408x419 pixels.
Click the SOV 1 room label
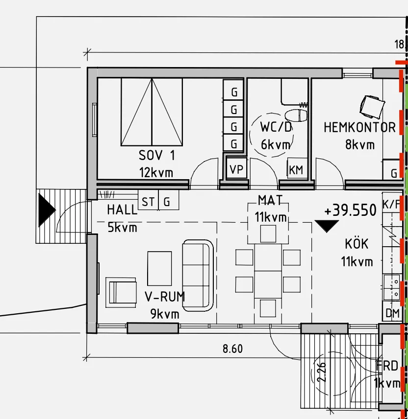(156, 156)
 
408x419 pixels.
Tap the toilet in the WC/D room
(296, 116)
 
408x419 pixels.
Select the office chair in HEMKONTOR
(372, 106)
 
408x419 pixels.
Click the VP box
(236, 170)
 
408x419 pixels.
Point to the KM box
(296, 170)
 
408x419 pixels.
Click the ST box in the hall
(148, 202)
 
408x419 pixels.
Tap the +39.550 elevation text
(350, 210)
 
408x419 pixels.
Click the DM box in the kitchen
(392, 313)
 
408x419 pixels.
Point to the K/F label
(391, 205)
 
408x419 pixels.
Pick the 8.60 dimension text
(232, 349)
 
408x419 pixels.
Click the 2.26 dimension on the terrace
(322, 372)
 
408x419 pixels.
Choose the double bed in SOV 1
(152, 112)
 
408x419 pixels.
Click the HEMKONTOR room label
(359, 128)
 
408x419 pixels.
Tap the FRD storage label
(387, 366)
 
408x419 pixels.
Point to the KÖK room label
(357, 244)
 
